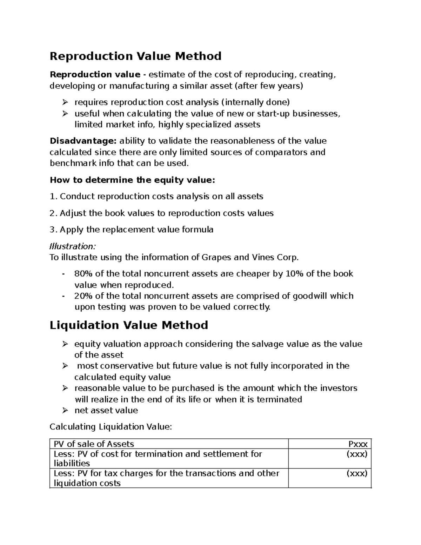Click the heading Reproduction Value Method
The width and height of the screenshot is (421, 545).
[x=135, y=56]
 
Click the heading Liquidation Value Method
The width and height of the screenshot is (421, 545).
[x=129, y=325]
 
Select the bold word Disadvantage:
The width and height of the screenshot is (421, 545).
[x=83, y=141]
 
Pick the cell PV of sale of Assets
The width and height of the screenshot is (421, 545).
[x=94, y=444]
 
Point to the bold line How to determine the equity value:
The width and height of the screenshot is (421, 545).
[x=132, y=180]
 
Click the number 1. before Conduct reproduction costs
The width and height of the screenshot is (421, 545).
[x=53, y=197]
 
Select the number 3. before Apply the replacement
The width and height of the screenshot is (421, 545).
[x=53, y=230]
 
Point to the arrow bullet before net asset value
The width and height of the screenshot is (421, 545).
[x=65, y=410]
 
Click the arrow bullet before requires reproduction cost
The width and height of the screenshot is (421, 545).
[x=65, y=102]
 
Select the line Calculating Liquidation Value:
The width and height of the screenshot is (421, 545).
[x=111, y=427]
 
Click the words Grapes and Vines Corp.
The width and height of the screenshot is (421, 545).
[x=250, y=258]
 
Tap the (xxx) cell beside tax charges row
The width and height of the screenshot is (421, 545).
[x=357, y=473]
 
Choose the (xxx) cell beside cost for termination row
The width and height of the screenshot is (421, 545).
[x=357, y=454]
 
